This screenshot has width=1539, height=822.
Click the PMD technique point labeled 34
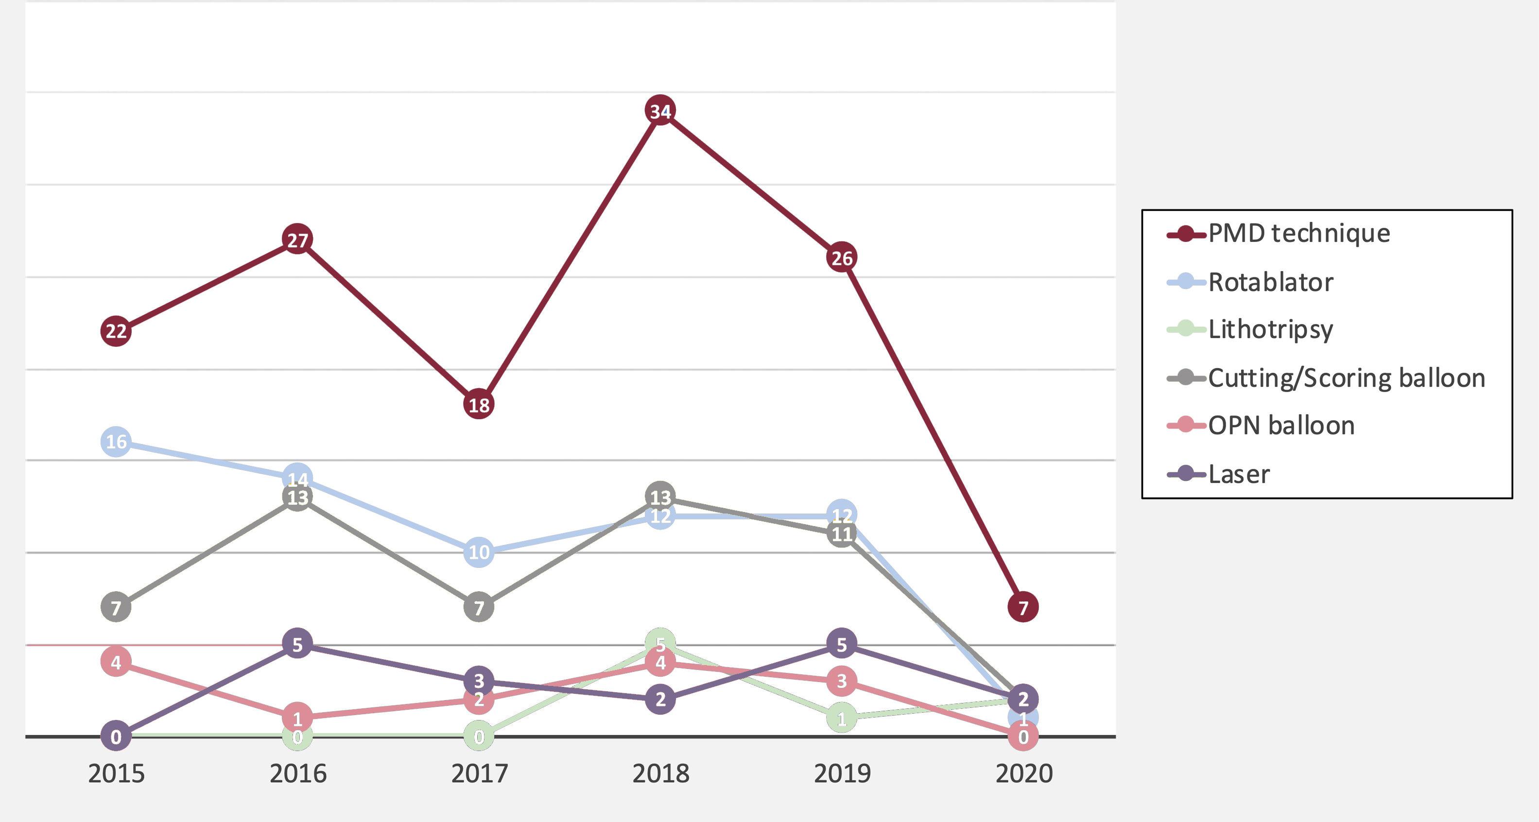click(x=660, y=110)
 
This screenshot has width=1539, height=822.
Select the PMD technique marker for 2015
click(x=116, y=331)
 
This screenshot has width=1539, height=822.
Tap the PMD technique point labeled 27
click(x=297, y=240)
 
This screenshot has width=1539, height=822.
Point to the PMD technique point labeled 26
click(x=842, y=257)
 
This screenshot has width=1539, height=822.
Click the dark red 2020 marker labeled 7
click(x=1023, y=607)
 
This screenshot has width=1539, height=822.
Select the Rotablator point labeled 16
click(x=116, y=442)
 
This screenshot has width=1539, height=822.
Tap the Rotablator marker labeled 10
click(x=479, y=552)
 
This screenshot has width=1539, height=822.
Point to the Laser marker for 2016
click(x=297, y=644)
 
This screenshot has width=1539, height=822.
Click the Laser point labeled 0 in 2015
click(x=116, y=736)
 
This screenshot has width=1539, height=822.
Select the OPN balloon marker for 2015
click(x=116, y=662)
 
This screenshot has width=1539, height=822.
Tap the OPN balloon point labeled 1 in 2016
click(x=297, y=718)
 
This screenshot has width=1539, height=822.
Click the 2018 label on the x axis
click(x=660, y=773)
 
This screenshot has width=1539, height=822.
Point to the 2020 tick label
click(x=1023, y=773)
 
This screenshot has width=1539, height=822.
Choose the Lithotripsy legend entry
click(x=1270, y=329)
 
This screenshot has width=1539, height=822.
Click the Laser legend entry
click(x=1239, y=474)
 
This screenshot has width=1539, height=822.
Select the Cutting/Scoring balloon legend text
click(x=1346, y=378)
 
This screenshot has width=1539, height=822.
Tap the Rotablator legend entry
click(x=1270, y=282)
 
